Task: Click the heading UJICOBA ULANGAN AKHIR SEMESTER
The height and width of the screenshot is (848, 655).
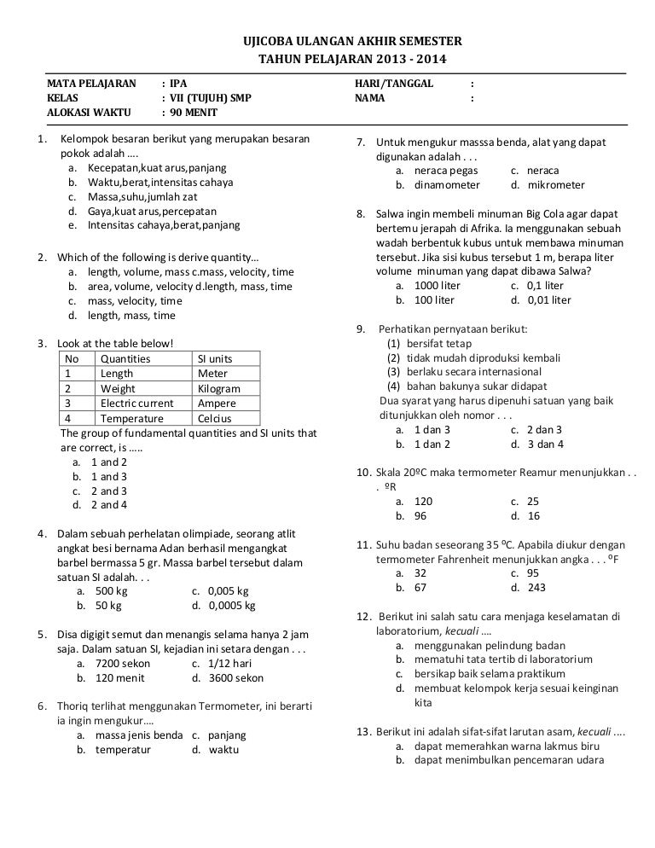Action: tap(351, 41)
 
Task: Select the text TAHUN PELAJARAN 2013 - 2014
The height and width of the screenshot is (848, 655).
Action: tap(351, 59)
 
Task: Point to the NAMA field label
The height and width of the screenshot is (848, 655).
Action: tap(369, 98)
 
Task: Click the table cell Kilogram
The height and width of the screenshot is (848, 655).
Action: tap(218, 388)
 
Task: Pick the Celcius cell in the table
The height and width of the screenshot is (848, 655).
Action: tap(214, 419)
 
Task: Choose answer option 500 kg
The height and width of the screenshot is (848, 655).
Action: tap(111, 590)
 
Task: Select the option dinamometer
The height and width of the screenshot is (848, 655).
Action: tap(447, 184)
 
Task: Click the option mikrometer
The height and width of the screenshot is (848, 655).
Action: tap(559, 184)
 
